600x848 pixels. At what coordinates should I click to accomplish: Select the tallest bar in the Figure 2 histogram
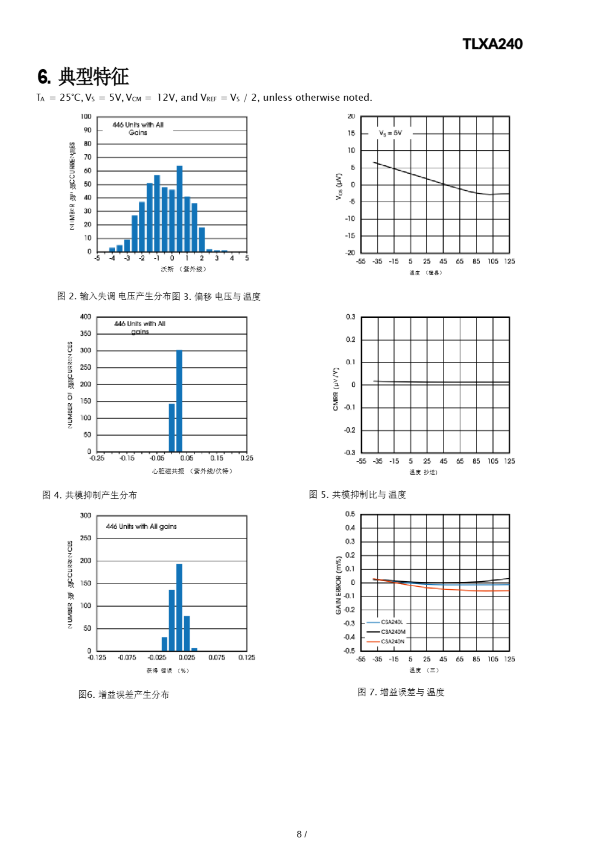[179, 209]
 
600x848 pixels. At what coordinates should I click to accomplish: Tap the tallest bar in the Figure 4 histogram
[179, 401]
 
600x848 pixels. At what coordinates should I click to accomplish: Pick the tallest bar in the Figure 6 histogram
[179, 607]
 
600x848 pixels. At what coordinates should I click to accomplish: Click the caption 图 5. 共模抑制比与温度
[357, 495]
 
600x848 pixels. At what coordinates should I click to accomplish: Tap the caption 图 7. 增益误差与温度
[401, 692]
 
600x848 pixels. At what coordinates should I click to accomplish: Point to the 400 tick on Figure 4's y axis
[86, 317]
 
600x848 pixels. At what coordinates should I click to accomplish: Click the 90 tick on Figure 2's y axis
[87, 130]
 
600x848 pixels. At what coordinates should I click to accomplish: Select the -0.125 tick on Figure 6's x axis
[97, 658]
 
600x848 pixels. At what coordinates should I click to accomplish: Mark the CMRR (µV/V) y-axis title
[336, 389]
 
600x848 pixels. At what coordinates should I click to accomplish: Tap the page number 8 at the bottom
[299, 834]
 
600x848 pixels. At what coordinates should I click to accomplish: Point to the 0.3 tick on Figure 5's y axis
[350, 317]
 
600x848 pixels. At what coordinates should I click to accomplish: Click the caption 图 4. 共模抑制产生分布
[90, 495]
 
